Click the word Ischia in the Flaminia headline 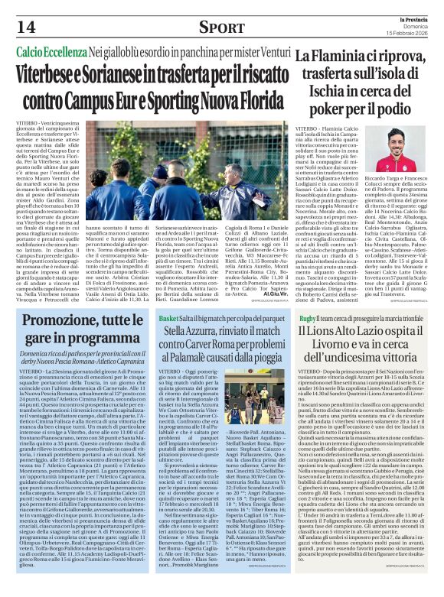[328, 92]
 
